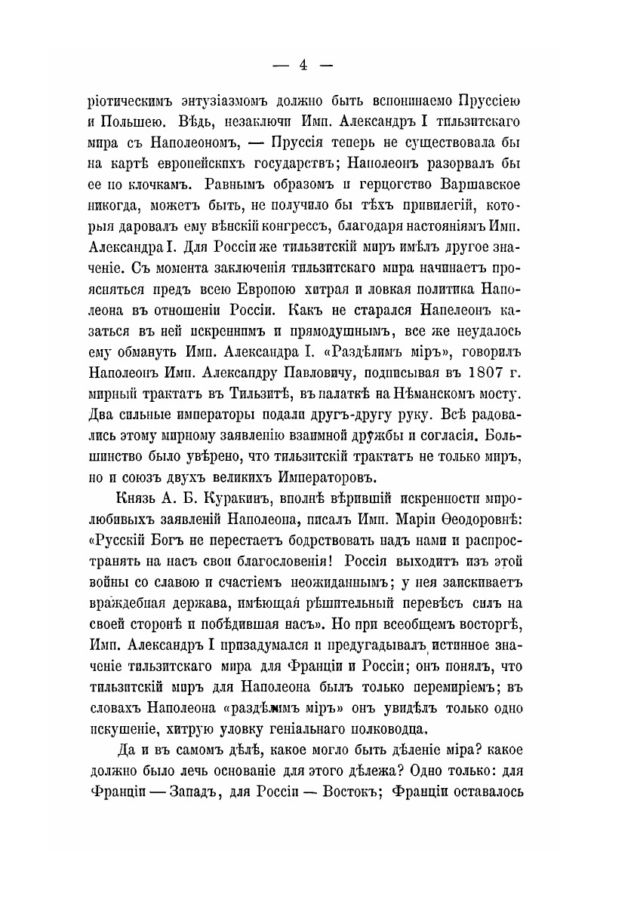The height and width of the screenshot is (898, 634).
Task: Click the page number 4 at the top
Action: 302,65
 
